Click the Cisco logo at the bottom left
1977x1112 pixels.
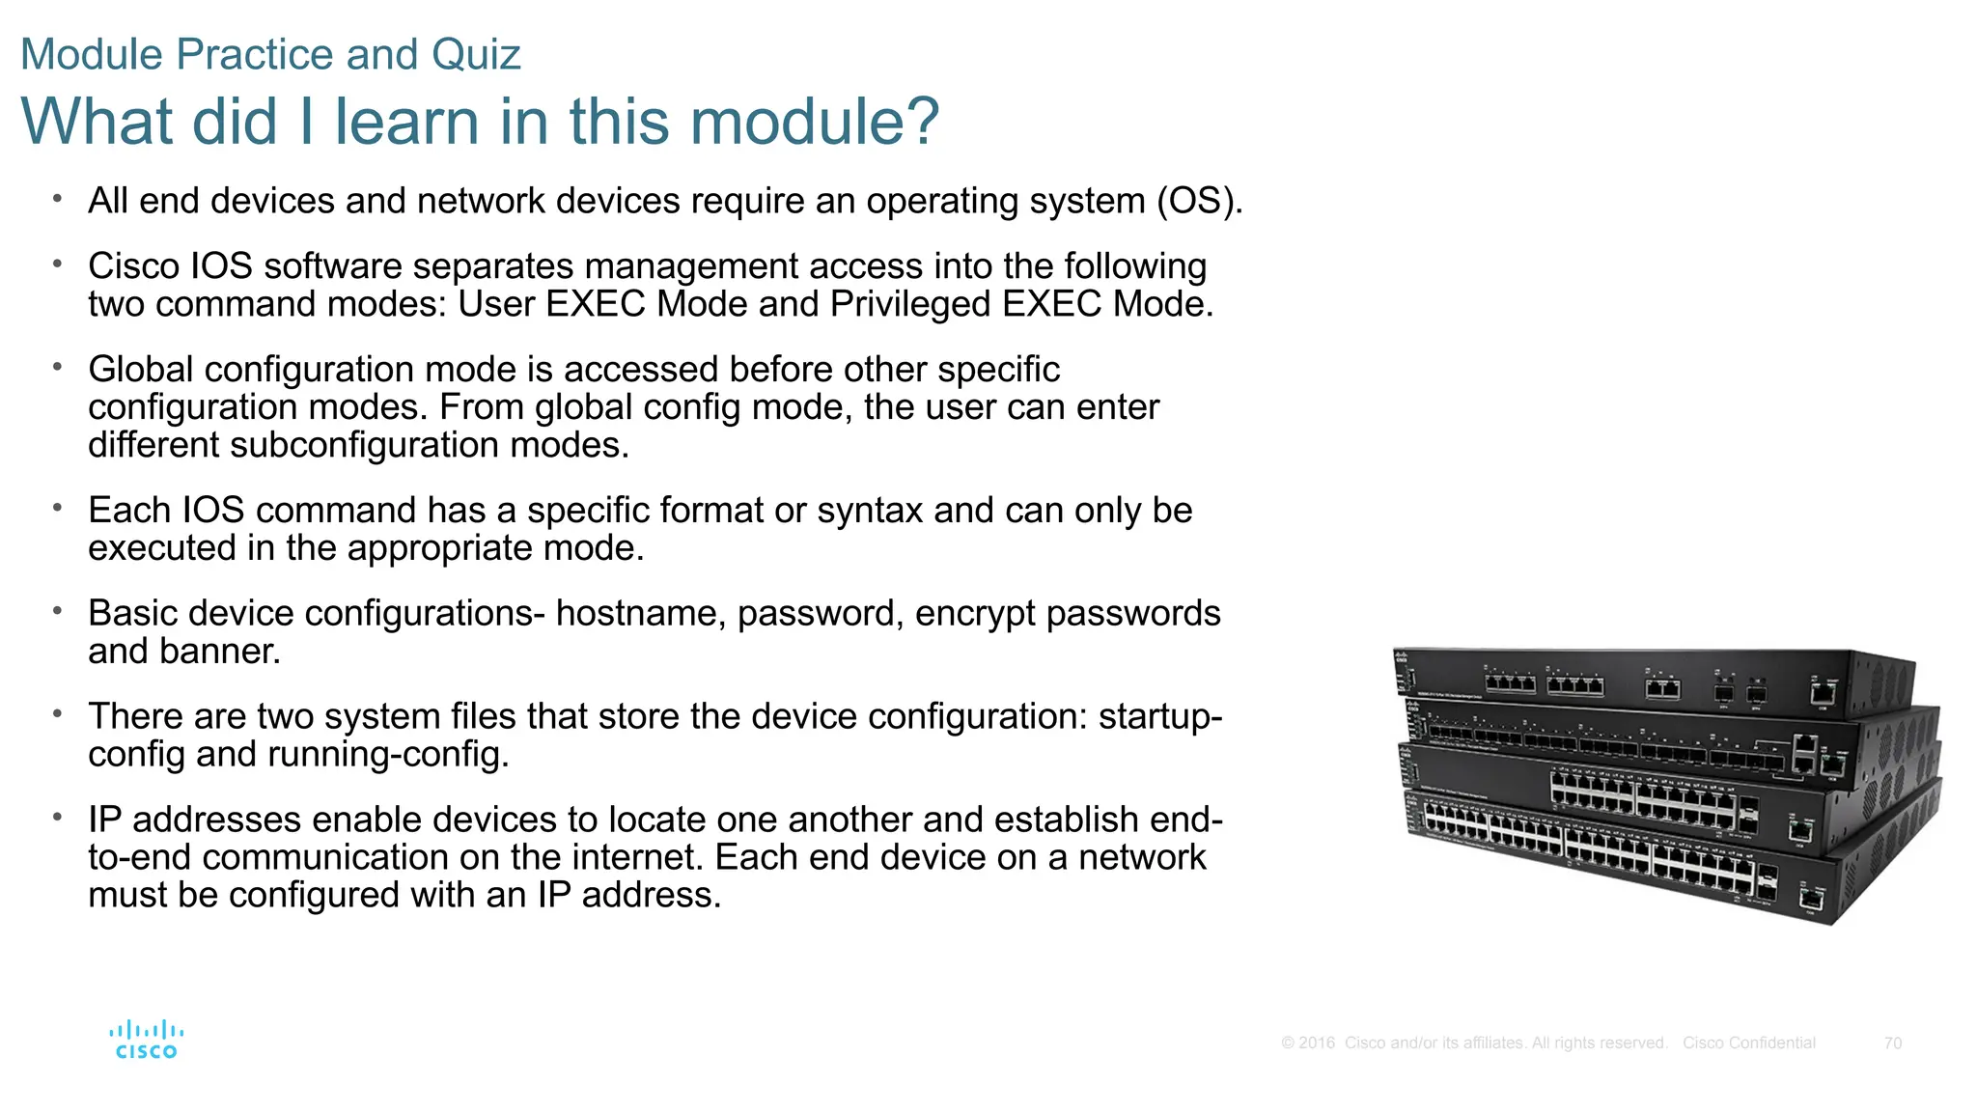(x=146, y=1040)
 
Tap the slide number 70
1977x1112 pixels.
(x=1892, y=1043)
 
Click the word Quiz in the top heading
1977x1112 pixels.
(x=476, y=54)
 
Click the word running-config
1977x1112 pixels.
(x=387, y=755)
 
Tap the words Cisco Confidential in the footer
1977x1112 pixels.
(x=1748, y=1043)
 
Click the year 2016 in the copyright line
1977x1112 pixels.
(x=1317, y=1043)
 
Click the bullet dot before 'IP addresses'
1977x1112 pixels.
(x=58, y=817)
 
